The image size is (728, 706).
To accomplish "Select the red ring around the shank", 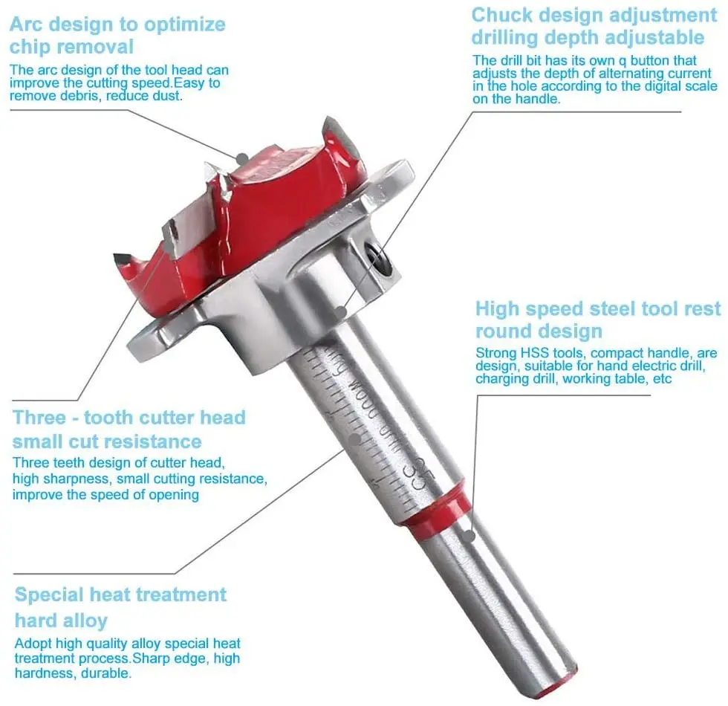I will click(x=438, y=513).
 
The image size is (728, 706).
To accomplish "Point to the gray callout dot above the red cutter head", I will click(x=242, y=158).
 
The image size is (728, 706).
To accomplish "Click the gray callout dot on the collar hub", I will click(x=339, y=311).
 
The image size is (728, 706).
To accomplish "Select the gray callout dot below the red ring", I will click(x=467, y=532).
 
